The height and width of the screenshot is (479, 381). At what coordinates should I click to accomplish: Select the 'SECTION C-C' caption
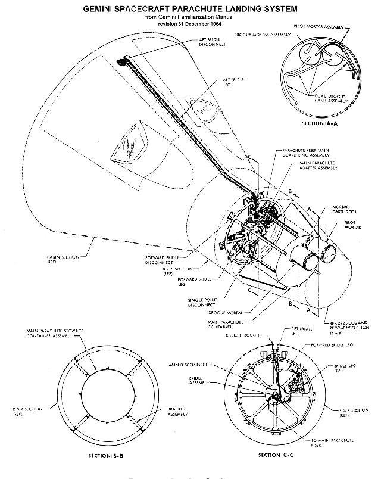[x=277, y=454]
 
